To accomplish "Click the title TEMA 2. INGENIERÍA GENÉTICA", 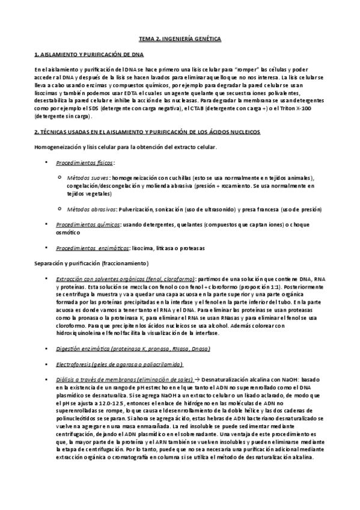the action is point(180,39).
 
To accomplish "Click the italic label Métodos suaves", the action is point(88,179).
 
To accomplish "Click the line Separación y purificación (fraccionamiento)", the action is point(91,263).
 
